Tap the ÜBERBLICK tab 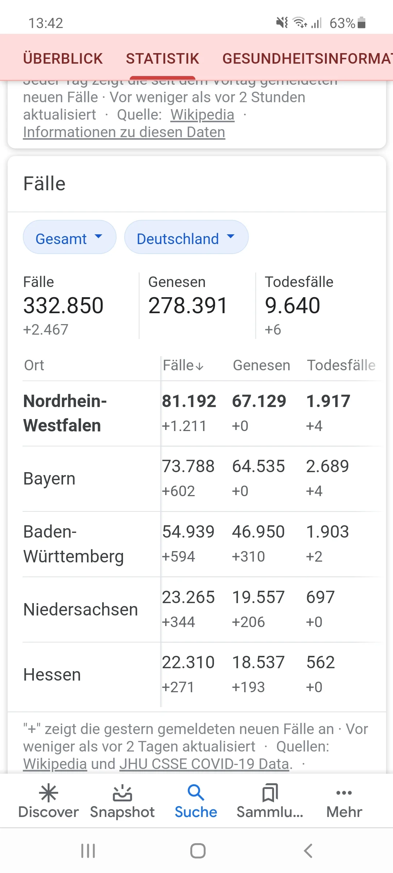click(63, 59)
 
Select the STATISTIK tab click(162, 59)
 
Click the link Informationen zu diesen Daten click(124, 132)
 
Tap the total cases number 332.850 click(63, 305)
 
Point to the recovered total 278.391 click(188, 305)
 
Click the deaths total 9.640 click(293, 305)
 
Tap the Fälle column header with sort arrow click(183, 365)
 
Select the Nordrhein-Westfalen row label click(65, 413)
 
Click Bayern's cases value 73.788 click(188, 466)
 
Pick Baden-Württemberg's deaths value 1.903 click(327, 532)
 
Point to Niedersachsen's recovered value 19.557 click(258, 597)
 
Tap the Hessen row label click(52, 675)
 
